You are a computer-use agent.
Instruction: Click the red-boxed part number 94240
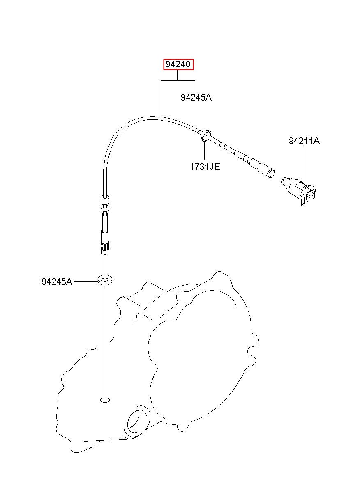click(178, 64)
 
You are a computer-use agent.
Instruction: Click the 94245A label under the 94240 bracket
click(196, 97)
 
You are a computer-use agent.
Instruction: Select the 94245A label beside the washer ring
click(57, 282)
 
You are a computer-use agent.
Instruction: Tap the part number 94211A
click(304, 141)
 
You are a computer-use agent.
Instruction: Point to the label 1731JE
click(205, 167)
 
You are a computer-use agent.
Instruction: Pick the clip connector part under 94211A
click(298, 191)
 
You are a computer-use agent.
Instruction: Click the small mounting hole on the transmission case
click(105, 400)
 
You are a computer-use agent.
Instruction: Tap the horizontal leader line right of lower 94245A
click(85, 282)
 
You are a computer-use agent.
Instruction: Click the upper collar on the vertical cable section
click(105, 200)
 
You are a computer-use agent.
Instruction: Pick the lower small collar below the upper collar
click(105, 208)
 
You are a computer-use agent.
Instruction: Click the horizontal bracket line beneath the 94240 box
click(178, 80)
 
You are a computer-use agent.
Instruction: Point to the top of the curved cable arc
click(151, 118)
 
